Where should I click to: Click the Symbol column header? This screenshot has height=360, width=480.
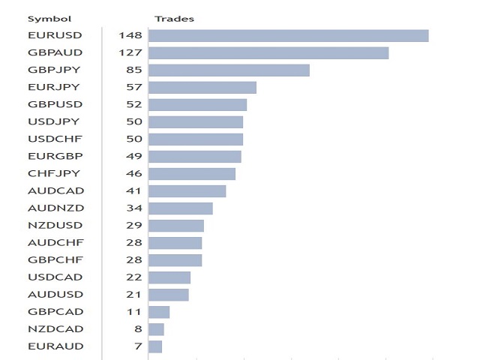coord(49,19)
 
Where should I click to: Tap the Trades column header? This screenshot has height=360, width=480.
coord(174,19)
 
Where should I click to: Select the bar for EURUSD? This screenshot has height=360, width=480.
coord(288,36)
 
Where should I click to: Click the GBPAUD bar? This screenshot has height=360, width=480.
coord(268,53)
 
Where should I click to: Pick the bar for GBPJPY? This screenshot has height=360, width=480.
coord(229,70)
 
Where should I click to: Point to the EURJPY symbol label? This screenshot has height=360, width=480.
coord(54,87)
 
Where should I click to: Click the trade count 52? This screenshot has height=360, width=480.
coord(134,104)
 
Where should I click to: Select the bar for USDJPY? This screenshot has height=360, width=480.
coord(196,122)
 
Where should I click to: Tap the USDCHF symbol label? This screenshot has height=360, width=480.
coord(55,139)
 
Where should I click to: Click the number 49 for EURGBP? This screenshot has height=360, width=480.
coord(134,156)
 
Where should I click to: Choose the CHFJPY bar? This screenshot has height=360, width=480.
coord(192,174)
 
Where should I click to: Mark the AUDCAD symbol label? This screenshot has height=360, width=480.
coord(55,190)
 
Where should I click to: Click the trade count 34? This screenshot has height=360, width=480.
coord(134,208)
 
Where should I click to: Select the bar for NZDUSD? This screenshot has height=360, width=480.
coord(176,226)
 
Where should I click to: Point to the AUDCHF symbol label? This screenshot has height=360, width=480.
coord(55,243)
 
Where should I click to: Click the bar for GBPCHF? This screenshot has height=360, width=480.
coord(175,260)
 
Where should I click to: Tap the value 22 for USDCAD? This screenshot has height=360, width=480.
coord(134,277)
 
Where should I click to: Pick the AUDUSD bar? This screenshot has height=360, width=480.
coord(168,295)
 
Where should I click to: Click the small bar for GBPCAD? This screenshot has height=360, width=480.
coord(159,312)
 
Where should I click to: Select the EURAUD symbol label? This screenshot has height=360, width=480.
coord(55,346)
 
